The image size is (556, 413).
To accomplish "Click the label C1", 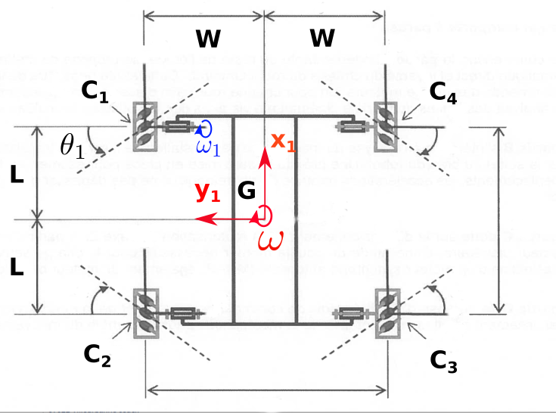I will pos(97,95).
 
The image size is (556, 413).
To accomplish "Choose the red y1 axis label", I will pos(207,193).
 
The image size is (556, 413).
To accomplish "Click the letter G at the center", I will pos(247,191).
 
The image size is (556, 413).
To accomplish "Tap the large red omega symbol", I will pos(270,240).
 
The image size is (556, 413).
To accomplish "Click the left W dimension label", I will pos(213,38).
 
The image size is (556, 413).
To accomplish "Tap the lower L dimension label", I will pos(16,267).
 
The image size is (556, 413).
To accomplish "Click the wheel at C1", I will pos(144,126).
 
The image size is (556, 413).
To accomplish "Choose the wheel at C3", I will pos(387,312).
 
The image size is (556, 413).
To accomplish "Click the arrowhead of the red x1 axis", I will pos(264,154).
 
